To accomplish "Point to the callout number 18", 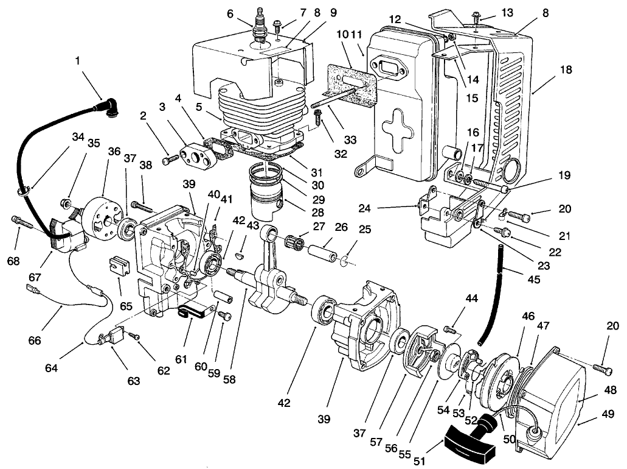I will [x=566, y=71].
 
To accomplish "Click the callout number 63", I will [x=133, y=381].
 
